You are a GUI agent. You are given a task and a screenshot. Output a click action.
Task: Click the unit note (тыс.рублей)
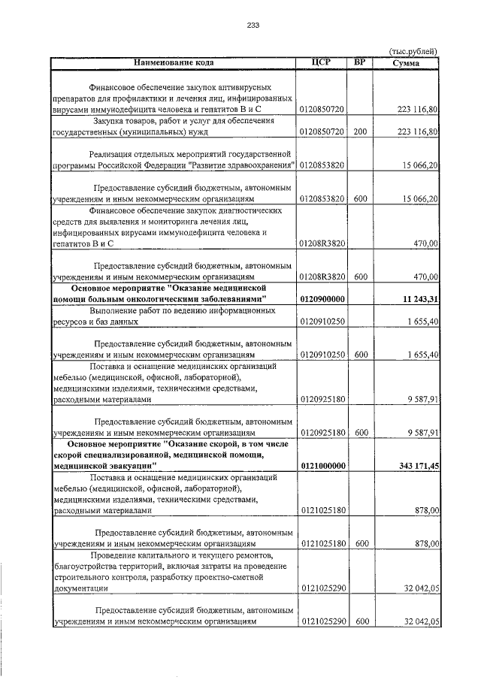[413, 50]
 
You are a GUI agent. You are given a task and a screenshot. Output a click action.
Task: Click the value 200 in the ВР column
[360, 131]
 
